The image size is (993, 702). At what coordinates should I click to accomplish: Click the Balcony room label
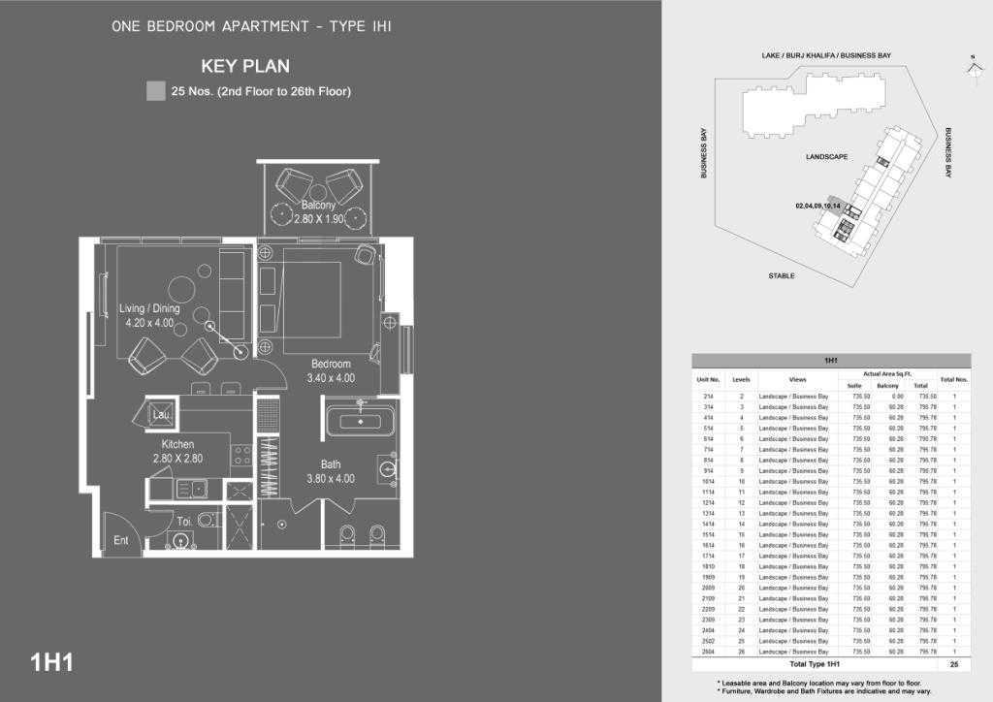[318, 206]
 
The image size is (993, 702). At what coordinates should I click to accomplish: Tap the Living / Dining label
[149, 309]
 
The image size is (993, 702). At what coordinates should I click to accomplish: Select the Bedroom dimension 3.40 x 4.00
[331, 378]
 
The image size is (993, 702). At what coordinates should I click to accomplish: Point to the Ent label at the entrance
[120, 540]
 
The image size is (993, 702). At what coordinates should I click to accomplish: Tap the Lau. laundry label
[161, 415]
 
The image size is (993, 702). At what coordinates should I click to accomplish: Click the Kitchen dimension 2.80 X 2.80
[177, 459]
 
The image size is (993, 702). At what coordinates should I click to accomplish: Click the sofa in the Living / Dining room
[233, 283]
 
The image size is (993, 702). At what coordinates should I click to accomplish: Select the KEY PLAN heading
[245, 67]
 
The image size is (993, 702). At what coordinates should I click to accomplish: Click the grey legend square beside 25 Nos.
[155, 92]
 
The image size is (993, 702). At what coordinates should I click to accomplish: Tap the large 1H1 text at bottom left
[52, 663]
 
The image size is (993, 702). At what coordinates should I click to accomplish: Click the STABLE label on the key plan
[782, 276]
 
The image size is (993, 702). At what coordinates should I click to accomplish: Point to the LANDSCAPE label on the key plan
[827, 157]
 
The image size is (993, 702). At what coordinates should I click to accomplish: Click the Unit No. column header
[708, 379]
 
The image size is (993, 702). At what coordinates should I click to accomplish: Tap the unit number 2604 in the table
[708, 652]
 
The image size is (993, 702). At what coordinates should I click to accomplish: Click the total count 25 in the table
[954, 665]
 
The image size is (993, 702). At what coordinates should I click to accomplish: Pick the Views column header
[798, 379]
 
